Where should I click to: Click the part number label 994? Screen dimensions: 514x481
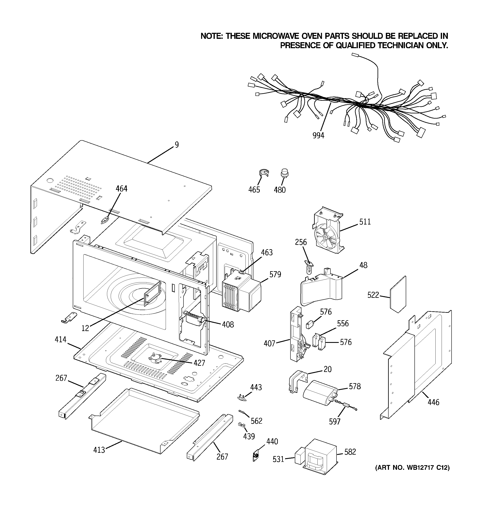point(318,135)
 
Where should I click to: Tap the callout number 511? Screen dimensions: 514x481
point(365,222)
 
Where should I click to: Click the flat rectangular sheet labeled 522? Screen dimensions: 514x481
point(398,294)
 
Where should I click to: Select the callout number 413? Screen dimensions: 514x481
point(99,450)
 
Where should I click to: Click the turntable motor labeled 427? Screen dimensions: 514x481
point(154,359)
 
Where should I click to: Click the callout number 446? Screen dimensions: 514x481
point(433,402)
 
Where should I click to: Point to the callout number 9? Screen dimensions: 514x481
point(177,145)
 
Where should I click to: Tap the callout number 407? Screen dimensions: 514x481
point(269,344)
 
